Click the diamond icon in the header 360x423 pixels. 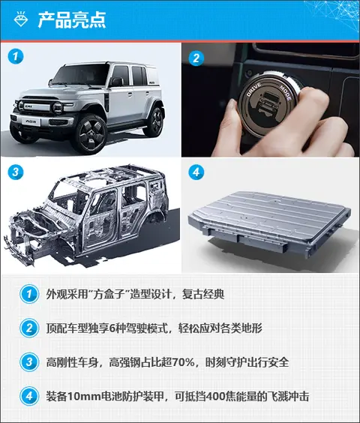21,19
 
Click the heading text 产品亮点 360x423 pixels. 72,20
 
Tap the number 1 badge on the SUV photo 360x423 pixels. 16,56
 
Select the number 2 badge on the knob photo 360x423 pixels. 196,58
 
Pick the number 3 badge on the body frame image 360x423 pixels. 16,172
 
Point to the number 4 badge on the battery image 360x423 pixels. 196,172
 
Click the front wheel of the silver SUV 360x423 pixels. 91,133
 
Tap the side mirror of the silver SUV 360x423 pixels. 116,82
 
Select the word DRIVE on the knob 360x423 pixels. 254,89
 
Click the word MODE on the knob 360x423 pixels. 285,92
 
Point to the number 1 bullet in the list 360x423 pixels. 29,294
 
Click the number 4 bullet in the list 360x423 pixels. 29,396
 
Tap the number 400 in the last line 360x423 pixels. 215,397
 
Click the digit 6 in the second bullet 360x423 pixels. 112,328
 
